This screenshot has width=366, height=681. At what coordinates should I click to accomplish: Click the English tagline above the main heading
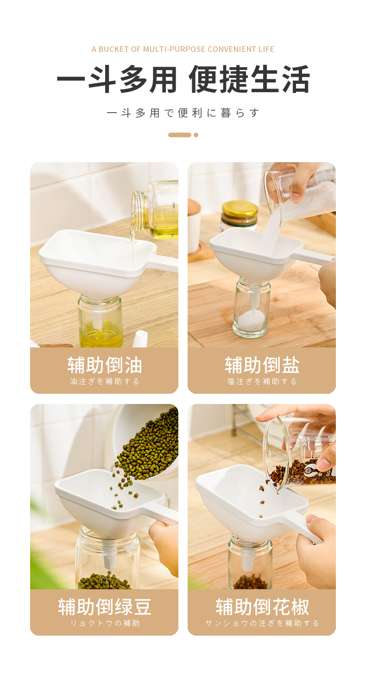click(x=183, y=49)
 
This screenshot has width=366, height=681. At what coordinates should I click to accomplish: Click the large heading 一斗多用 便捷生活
click(x=183, y=79)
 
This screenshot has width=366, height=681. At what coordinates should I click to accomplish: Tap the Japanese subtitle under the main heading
click(x=183, y=113)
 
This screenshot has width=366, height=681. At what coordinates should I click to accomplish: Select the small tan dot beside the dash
click(x=196, y=135)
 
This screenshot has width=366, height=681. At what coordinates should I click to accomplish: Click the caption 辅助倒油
click(x=105, y=365)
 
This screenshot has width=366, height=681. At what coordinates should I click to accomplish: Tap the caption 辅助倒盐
click(x=262, y=365)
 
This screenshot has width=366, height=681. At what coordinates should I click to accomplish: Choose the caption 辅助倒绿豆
click(x=105, y=607)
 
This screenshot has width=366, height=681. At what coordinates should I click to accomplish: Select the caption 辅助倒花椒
click(x=262, y=607)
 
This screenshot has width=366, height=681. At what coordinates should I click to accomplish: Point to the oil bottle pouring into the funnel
click(x=155, y=210)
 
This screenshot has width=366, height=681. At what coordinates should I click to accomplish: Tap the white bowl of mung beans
click(x=146, y=441)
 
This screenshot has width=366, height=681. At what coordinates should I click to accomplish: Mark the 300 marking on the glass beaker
click(x=305, y=443)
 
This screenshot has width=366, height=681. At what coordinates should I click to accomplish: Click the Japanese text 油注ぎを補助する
click(x=105, y=381)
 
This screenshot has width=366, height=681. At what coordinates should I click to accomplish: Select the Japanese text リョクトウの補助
click(x=105, y=623)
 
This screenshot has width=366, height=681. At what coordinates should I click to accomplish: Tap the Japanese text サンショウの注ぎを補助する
click(x=262, y=623)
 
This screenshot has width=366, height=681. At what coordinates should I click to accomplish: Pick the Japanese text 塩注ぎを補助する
click(x=262, y=381)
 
